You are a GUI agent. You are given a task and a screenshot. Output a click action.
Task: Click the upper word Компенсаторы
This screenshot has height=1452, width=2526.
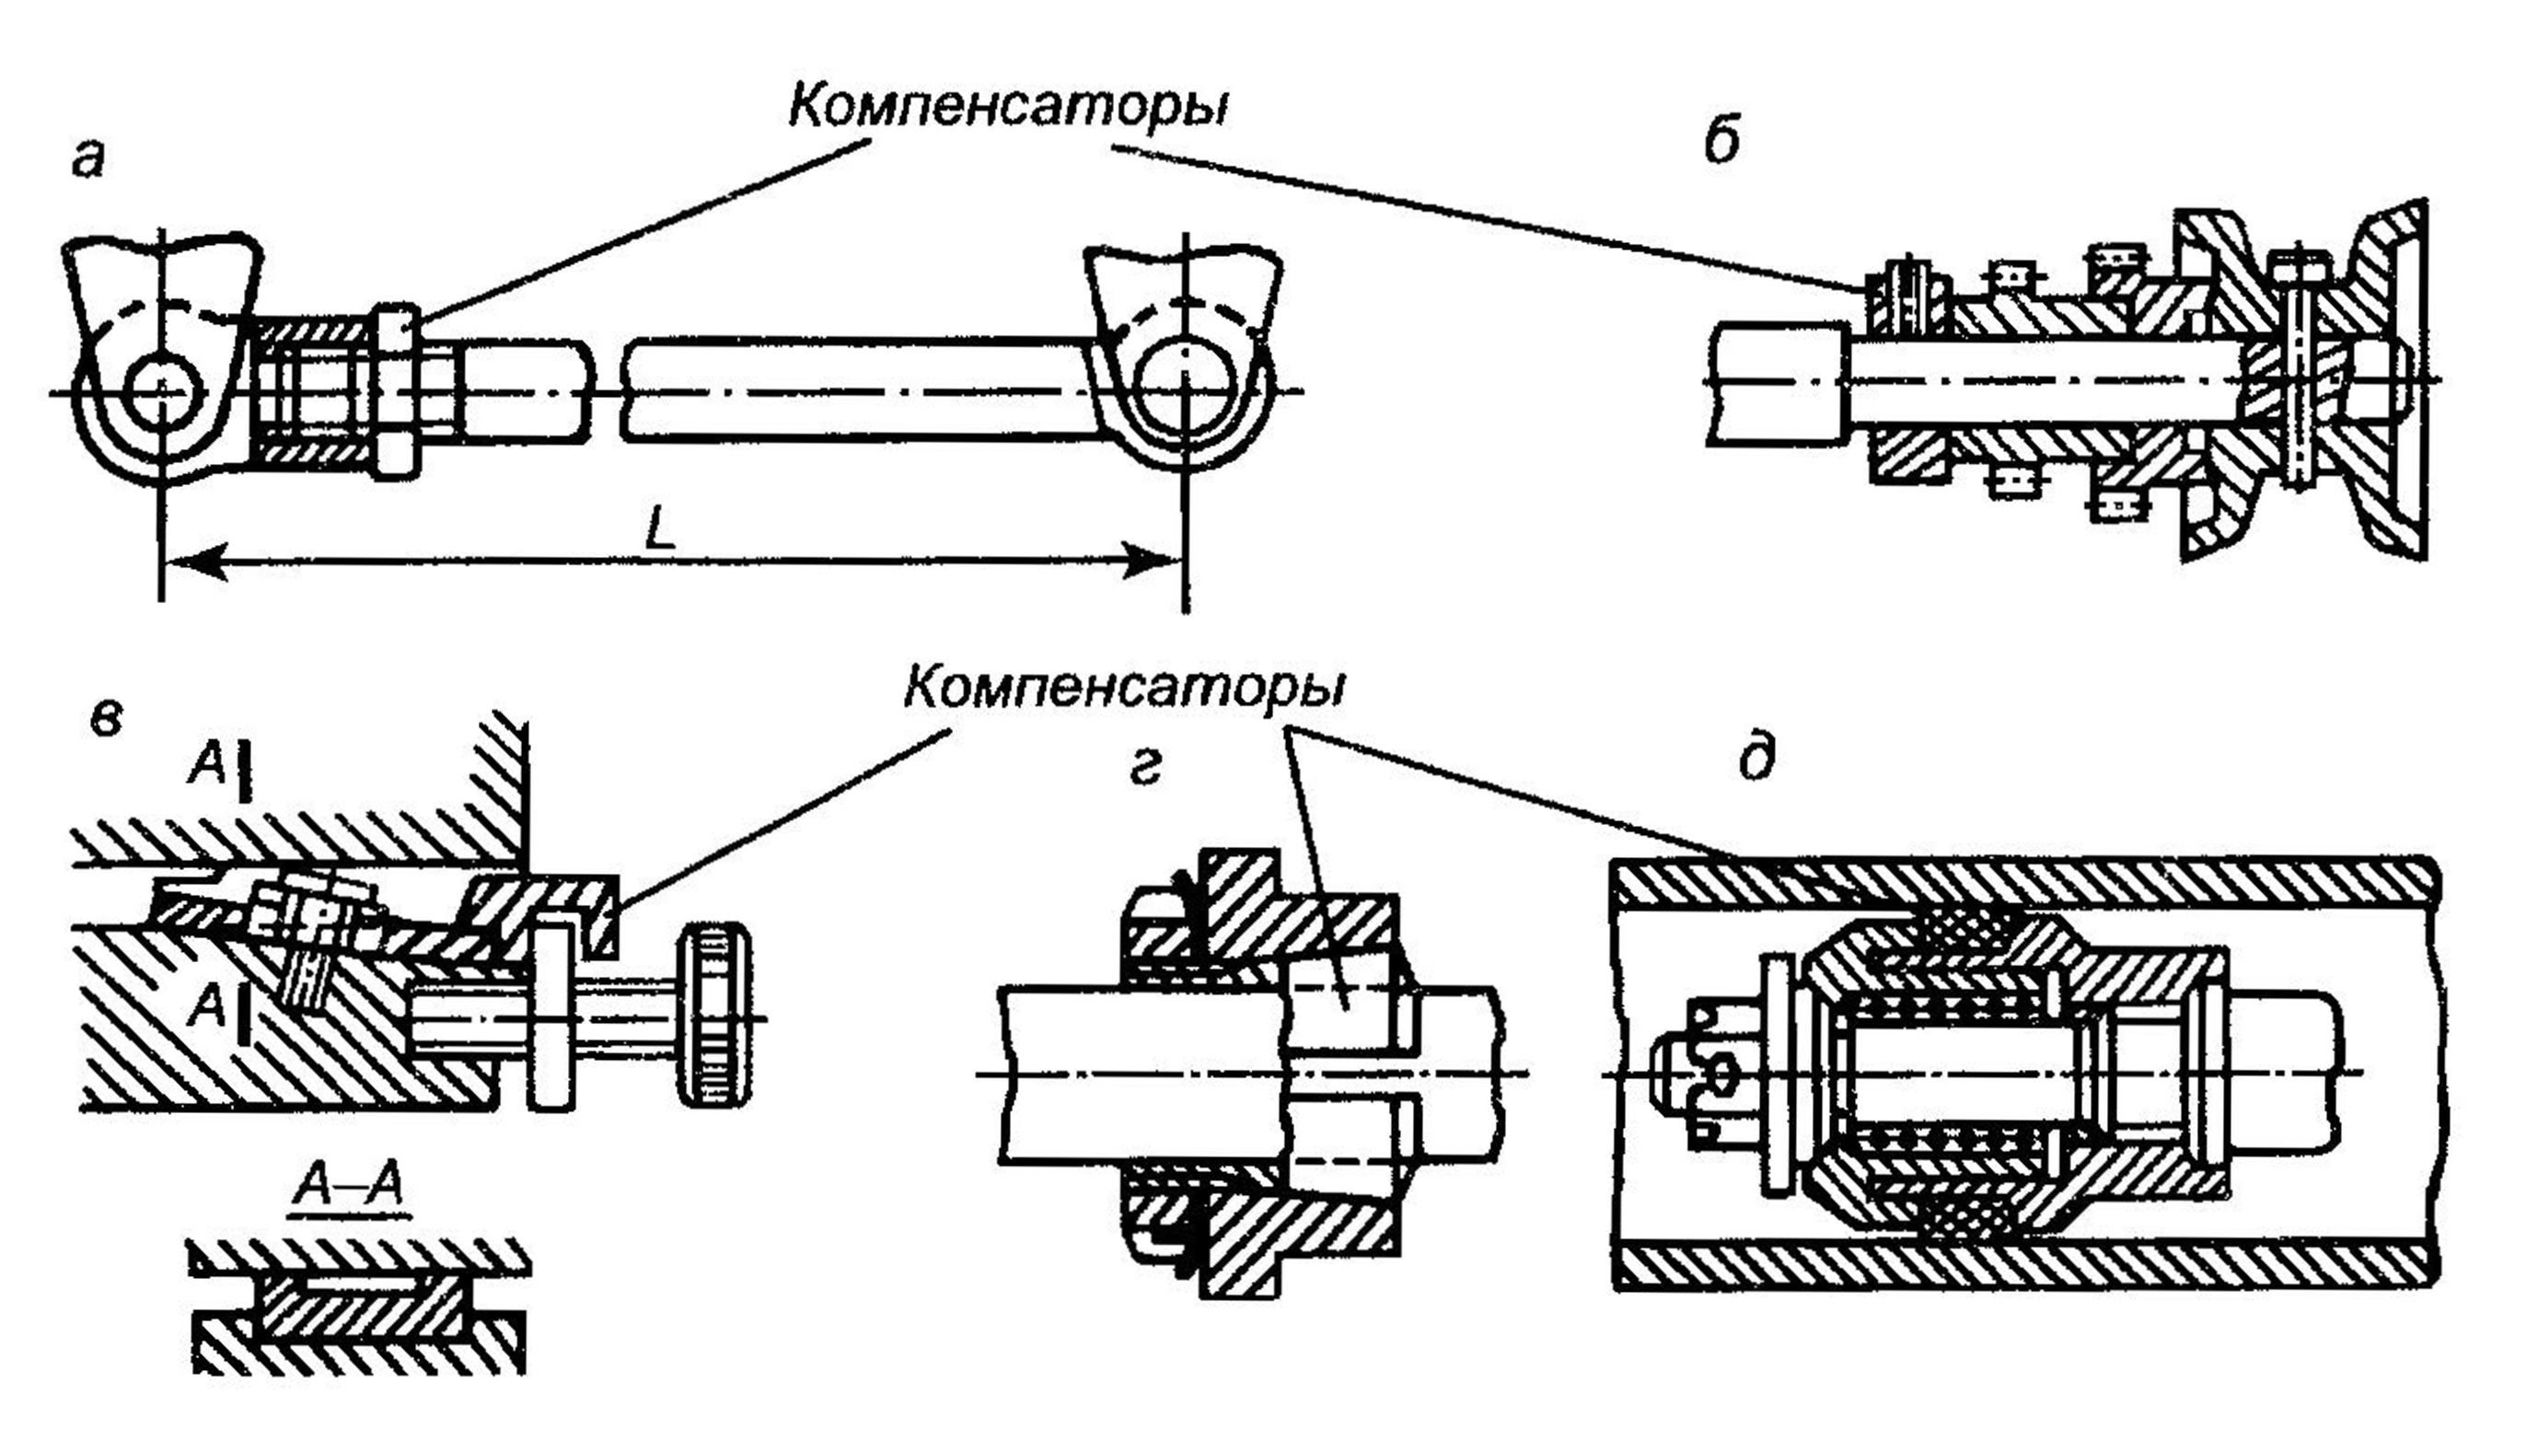click(1007, 107)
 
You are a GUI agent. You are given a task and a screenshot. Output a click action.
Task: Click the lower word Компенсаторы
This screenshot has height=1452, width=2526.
click(1123, 687)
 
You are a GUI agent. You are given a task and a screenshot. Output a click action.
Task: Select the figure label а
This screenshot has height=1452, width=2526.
click(88, 159)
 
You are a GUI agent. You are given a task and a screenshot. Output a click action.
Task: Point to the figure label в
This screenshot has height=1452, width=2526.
click(105, 718)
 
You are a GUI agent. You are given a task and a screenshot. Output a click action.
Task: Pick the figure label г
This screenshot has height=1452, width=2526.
click(1146, 769)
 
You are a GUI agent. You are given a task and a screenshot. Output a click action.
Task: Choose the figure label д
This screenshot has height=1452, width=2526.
click(1756, 759)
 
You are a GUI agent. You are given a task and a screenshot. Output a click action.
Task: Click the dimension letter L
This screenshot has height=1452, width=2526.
click(660, 529)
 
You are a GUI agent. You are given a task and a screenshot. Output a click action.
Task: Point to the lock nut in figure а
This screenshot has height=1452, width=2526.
click(399, 391)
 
